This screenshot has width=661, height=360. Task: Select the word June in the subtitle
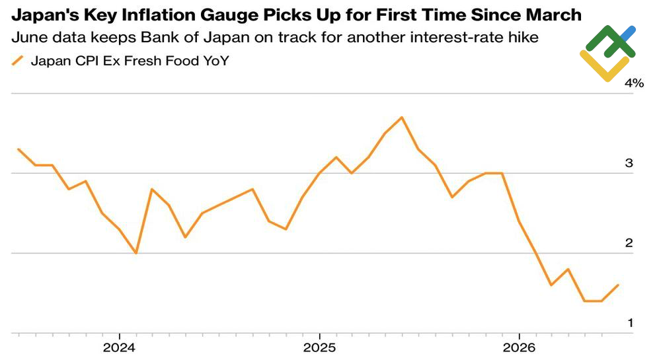click(x=27, y=38)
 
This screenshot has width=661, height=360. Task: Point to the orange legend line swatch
click(x=18, y=61)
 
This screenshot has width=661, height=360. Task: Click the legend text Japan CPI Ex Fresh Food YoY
click(x=130, y=61)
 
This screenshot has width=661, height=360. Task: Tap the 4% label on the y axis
click(x=635, y=83)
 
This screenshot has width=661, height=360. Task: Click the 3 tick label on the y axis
click(x=629, y=163)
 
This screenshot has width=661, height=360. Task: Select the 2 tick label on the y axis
click(x=629, y=243)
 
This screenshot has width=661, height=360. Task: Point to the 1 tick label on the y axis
click(x=630, y=323)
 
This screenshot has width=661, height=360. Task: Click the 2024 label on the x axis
click(x=119, y=348)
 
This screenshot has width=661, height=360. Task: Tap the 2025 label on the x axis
click(x=319, y=348)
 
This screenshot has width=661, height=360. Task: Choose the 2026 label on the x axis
click(x=520, y=348)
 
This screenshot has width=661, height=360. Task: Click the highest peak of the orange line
click(x=402, y=117)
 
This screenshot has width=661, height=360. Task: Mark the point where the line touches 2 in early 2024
click(x=136, y=253)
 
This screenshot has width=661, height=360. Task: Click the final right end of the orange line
click(x=618, y=285)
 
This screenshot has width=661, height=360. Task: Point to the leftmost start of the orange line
click(x=19, y=149)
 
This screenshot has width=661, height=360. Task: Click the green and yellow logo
click(x=607, y=54)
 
